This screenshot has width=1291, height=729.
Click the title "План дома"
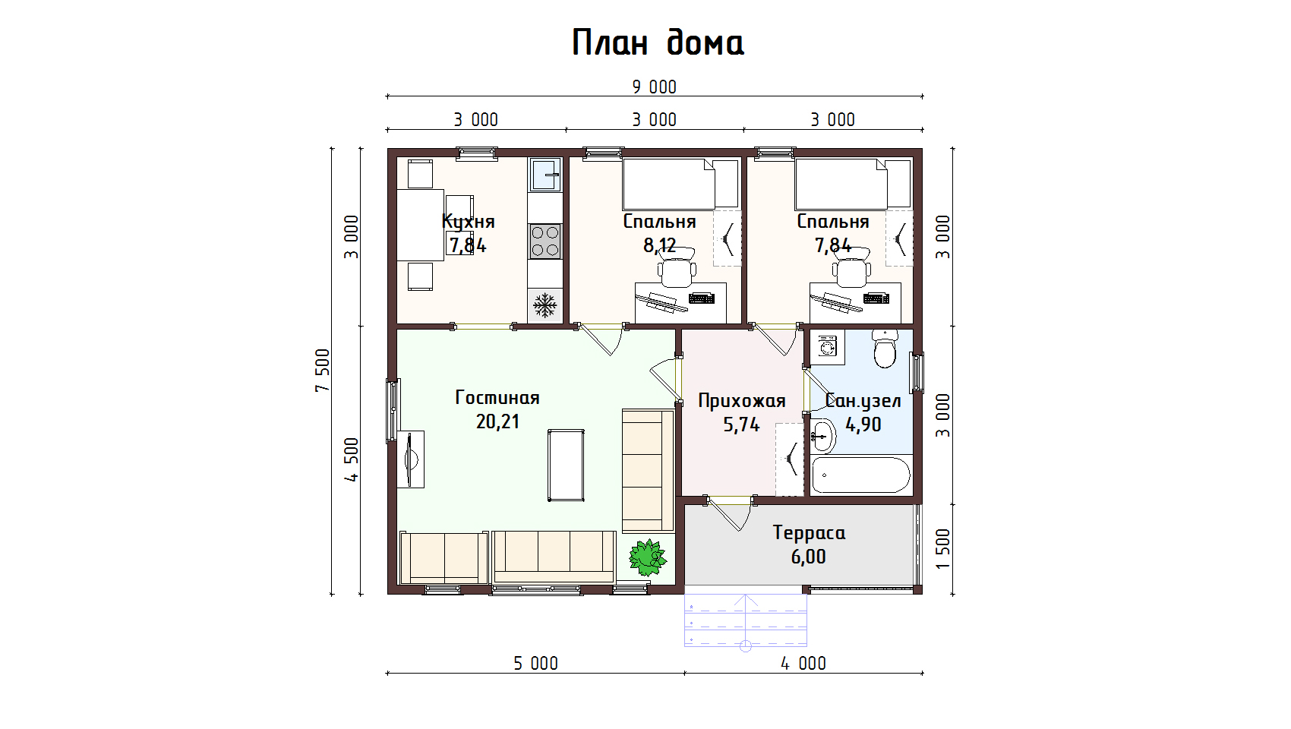tap(658, 43)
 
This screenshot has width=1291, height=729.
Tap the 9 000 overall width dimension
tap(654, 87)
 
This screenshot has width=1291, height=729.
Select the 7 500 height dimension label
tap(323, 371)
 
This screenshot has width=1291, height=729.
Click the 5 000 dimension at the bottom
tap(536, 664)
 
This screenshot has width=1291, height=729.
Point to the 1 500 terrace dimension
tap(942, 548)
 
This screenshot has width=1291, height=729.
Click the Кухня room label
tap(468, 221)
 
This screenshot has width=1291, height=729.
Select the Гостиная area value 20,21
tap(497, 422)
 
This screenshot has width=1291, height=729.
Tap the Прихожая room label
tap(742, 400)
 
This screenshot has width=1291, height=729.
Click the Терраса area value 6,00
tap(809, 557)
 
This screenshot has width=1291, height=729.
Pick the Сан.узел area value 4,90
tap(863, 424)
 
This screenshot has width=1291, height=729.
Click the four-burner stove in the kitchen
tap(545, 241)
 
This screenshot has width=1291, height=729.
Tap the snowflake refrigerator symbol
tap(544, 305)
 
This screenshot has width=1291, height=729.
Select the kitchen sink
tap(545, 174)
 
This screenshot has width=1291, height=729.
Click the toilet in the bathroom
tap(885, 349)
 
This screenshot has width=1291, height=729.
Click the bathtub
tap(861, 475)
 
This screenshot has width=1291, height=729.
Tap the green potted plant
tap(648, 558)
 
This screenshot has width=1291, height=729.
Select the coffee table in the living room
tap(566, 465)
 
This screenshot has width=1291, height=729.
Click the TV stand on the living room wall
tap(410, 459)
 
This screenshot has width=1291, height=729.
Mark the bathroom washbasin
tap(823, 436)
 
